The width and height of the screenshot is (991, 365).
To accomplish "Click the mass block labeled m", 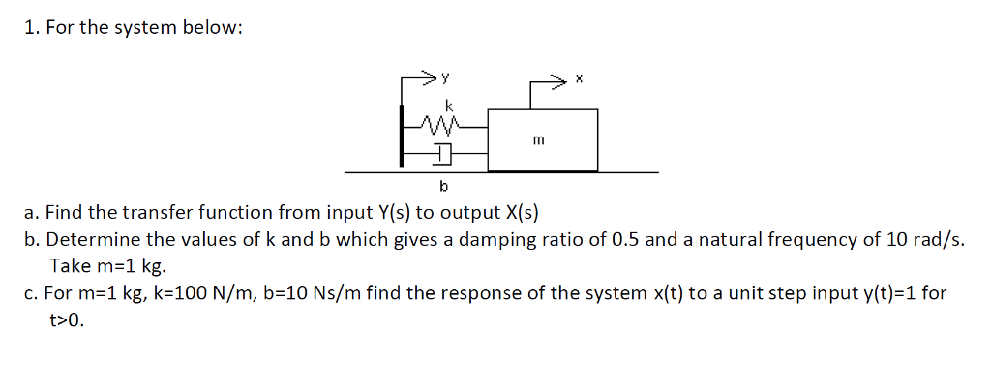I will click(543, 139).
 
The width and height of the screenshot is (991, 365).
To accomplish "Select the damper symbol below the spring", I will click(442, 152).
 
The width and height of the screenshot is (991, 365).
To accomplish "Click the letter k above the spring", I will click(448, 105).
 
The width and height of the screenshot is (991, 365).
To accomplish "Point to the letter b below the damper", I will click(443, 185).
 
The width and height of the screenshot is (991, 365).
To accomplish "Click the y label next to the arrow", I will click(446, 75).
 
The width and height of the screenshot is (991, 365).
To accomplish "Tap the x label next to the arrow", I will click(578, 80).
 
